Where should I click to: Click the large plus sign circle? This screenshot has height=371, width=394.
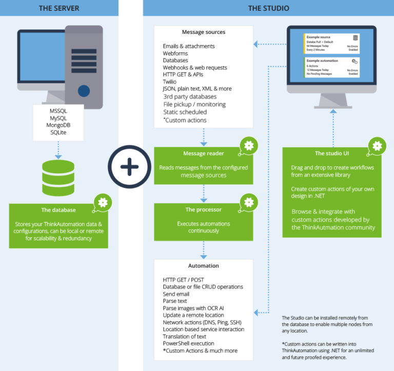tap(129, 167)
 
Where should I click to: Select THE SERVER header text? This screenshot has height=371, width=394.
tap(60, 8)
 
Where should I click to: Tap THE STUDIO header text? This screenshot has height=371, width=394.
tap(268, 8)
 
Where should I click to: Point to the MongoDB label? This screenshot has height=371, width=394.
tap(58, 125)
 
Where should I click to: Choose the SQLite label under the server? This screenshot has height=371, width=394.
tap(58, 133)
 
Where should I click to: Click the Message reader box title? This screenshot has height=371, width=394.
tap(204, 153)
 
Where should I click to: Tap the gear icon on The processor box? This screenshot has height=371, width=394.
tap(249, 202)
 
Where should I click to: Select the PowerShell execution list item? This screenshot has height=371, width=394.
tap(189, 343)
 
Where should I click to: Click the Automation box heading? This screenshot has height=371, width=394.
tap(204, 265)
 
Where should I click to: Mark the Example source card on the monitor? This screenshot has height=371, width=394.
tap(332, 44)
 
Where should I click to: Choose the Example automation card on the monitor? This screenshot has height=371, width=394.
tap(332, 67)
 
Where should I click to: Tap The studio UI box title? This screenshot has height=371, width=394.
tap(331, 153)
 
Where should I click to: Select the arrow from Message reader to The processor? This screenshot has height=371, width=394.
tap(204, 193)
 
